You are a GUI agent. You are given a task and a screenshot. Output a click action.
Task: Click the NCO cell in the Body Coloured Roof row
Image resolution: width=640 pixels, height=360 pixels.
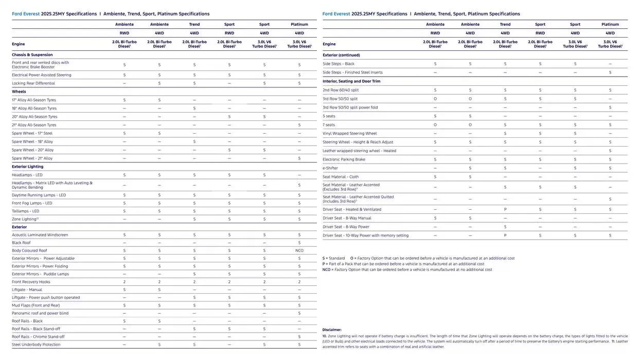point(299,250)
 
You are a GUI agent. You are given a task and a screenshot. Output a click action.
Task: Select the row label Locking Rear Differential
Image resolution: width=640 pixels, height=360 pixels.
point(33,83)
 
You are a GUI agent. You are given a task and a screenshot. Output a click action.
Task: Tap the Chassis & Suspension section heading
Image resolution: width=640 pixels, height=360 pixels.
point(32,55)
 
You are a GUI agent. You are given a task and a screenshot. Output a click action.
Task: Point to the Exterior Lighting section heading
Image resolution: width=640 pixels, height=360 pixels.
point(27,167)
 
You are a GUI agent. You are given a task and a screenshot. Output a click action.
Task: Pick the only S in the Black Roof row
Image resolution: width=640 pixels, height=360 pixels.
point(299,243)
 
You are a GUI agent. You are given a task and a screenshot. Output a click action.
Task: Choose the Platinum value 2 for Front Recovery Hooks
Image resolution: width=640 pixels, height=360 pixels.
point(299,282)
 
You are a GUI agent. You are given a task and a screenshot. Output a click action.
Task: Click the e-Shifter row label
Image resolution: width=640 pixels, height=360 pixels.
point(330,168)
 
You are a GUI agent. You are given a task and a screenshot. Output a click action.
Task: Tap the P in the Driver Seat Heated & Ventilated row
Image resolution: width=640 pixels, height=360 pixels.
point(505,209)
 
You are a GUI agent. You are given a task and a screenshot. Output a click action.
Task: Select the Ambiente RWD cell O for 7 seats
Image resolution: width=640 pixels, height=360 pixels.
point(435,124)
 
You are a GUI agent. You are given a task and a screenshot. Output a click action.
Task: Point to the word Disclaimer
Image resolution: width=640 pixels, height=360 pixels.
point(332,330)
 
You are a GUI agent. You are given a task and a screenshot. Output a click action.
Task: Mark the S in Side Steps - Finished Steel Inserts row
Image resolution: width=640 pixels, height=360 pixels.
point(610,73)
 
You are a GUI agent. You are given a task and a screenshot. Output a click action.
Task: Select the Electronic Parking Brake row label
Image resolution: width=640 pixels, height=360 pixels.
point(344,159)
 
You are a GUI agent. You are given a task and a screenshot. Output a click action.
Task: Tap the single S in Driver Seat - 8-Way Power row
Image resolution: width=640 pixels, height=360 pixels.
point(505,227)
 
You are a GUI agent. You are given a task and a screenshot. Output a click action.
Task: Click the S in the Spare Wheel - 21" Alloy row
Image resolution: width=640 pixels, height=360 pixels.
point(299,158)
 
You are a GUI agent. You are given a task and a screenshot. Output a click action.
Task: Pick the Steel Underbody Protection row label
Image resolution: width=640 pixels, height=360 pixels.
point(36,345)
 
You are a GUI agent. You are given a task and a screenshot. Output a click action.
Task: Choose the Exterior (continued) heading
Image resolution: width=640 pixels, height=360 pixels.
point(341,55)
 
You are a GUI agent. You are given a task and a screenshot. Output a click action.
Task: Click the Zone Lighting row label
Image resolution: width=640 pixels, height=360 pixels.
point(25,219)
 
